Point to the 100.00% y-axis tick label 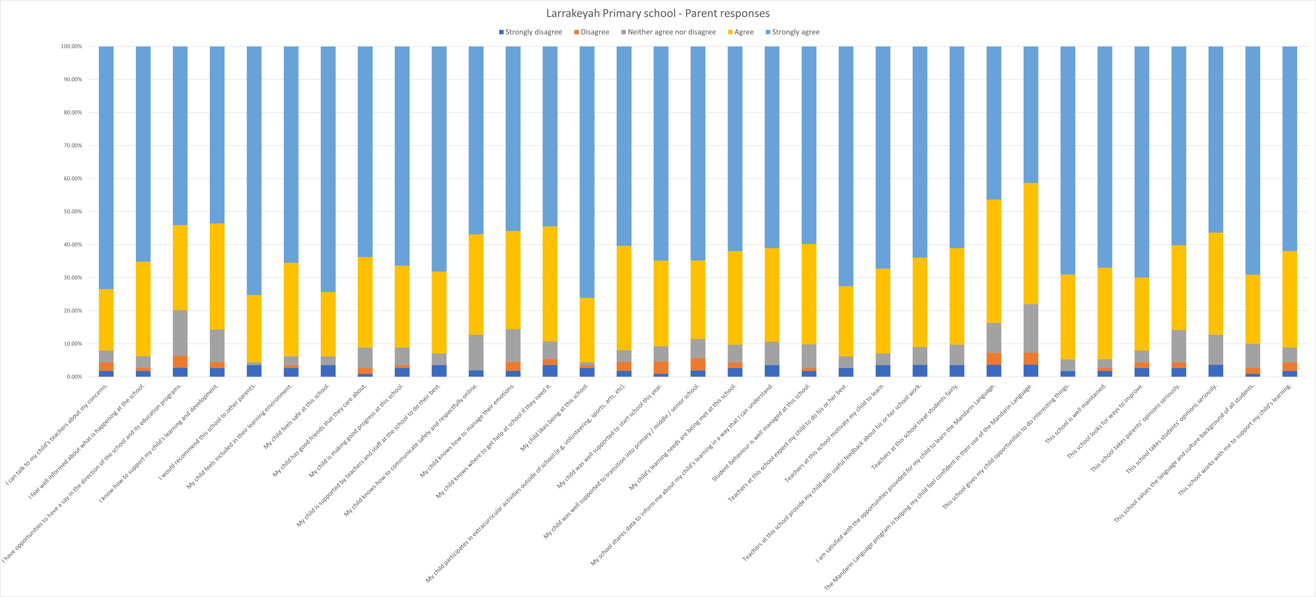click(x=71, y=46)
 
